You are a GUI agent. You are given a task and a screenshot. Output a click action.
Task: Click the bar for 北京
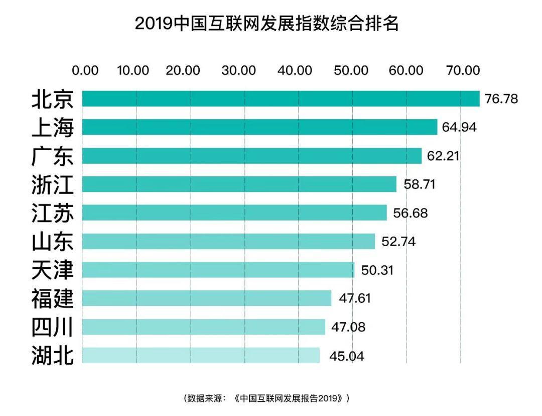tap(281, 98)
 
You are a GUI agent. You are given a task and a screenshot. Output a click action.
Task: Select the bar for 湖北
tap(201, 355)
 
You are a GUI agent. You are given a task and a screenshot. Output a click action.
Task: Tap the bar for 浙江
tap(239, 184)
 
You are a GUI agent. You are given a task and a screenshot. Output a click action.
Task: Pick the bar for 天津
tap(218, 270)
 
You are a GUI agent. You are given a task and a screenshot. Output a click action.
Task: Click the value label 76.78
tap(501, 99)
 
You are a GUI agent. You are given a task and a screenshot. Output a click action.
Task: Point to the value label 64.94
tap(459, 127)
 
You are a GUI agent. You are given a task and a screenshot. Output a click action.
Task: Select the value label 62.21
tap(443, 156)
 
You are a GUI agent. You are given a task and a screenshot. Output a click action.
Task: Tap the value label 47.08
tap(348, 328)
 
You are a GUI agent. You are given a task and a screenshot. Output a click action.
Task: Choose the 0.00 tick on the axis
tap(85, 71)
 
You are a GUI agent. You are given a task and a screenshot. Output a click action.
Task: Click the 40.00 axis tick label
tap(295, 71)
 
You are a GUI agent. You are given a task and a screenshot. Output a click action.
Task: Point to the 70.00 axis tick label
tap(463, 71)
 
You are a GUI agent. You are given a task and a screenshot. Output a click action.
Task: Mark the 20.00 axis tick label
tap(183, 71)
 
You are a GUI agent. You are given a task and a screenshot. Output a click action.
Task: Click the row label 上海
tap(53, 128)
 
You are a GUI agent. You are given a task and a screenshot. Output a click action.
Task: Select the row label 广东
tap(53, 156)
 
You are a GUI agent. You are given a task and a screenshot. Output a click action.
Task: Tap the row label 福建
tap(53, 299)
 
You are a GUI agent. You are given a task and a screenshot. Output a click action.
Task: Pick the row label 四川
tap(53, 328)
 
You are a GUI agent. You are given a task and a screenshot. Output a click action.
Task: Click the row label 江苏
tap(53, 213)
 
